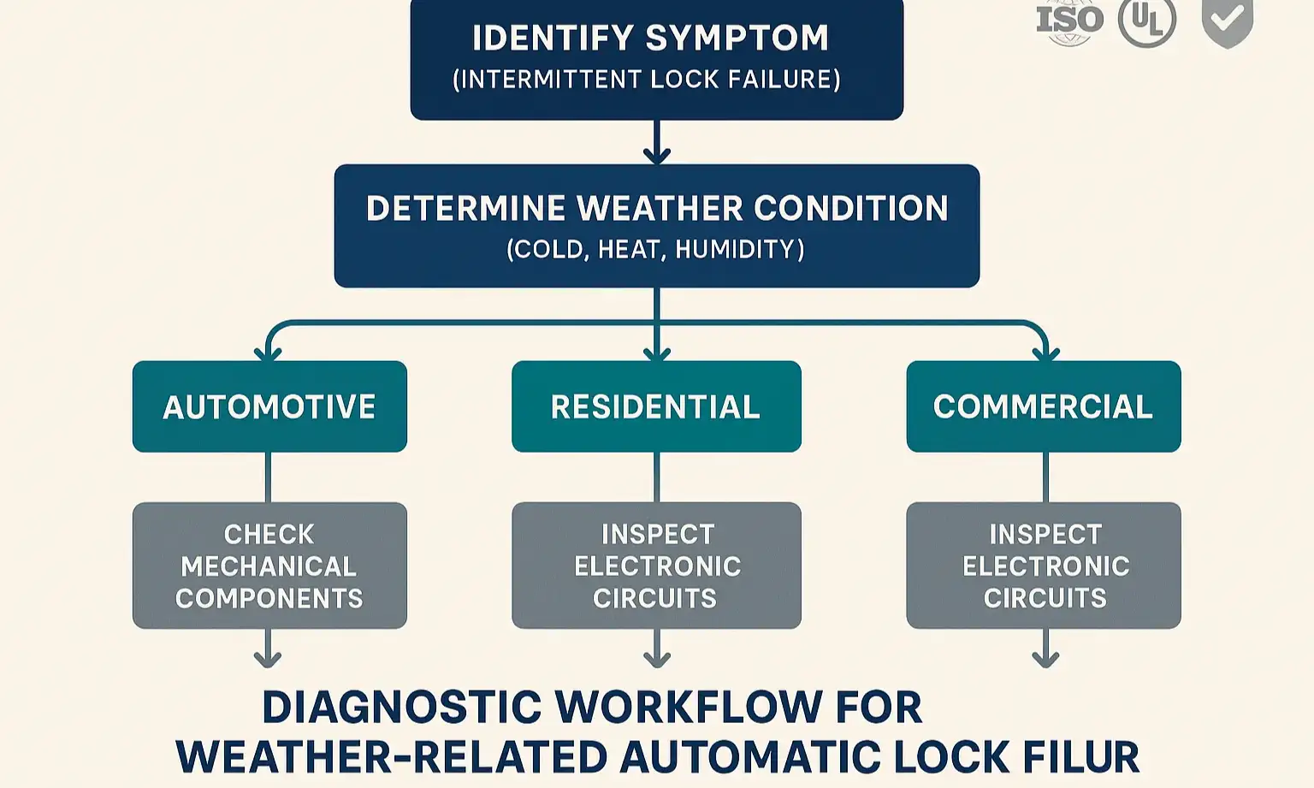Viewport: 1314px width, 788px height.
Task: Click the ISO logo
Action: [x=1069, y=21]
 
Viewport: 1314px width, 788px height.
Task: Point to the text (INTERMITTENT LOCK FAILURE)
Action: [x=647, y=80]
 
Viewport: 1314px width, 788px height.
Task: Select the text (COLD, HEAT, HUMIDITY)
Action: [x=655, y=250]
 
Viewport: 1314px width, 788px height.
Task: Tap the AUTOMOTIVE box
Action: [x=269, y=406]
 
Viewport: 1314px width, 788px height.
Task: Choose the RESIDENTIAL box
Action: [x=656, y=406]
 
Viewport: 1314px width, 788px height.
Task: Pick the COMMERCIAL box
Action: [x=1044, y=406]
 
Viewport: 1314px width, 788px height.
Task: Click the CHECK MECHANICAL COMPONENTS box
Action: [x=269, y=566]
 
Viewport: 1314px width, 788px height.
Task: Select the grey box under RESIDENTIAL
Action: [x=656, y=566]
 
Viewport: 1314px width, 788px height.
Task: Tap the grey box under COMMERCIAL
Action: [x=1044, y=566]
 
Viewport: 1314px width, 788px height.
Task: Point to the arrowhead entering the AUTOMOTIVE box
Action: [x=268, y=353]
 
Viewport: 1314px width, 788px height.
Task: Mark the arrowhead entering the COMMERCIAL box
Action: [x=1045, y=353]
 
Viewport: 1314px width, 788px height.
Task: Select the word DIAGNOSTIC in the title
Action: [x=401, y=708]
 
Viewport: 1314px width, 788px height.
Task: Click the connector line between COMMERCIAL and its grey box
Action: [x=1045, y=477]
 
